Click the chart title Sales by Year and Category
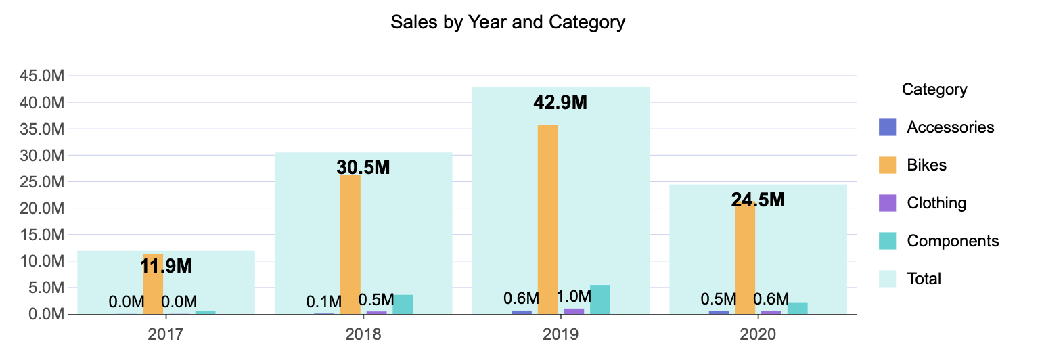(x=507, y=22)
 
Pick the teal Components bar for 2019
(x=600, y=300)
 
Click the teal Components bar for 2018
(x=403, y=305)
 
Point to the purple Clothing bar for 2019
(x=574, y=311)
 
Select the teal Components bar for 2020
(x=797, y=309)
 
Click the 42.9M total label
(x=560, y=103)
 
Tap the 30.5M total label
(x=363, y=168)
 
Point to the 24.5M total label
(x=758, y=200)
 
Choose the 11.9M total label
(x=166, y=267)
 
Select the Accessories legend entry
(x=950, y=127)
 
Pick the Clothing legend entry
(x=936, y=203)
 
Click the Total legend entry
(x=924, y=279)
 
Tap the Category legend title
(x=934, y=89)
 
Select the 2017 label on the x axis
(x=166, y=334)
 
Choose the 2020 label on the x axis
(x=758, y=334)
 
